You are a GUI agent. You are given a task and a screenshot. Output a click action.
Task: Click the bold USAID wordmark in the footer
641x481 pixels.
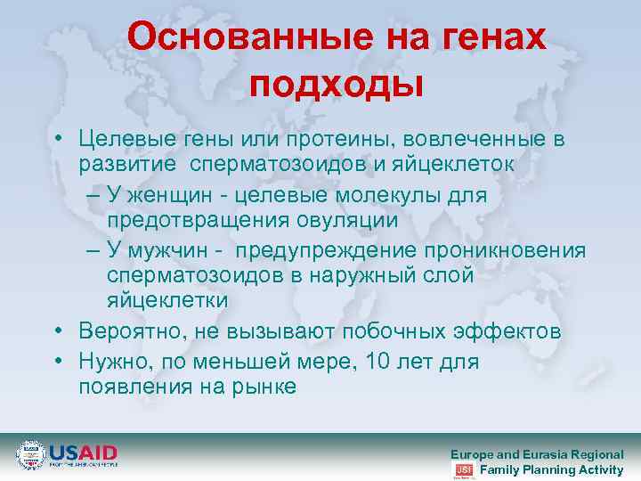83,452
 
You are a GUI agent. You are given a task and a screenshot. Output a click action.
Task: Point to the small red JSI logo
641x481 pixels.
464,469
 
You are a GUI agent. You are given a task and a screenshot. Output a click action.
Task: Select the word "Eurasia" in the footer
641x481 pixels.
547,454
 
